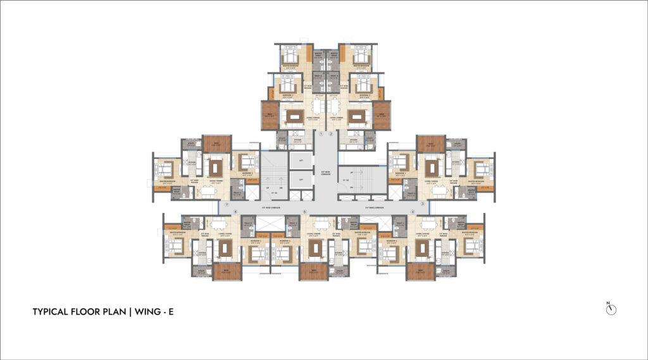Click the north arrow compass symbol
point(611,308)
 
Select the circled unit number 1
point(321,134)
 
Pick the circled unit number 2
point(330,134)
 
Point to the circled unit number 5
point(304,211)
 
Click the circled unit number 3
point(421,204)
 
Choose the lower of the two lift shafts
point(301,180)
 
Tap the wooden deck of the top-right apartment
point(382,116)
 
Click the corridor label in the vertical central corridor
point(323,171)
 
